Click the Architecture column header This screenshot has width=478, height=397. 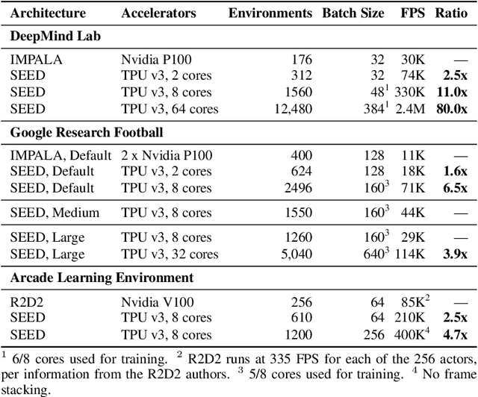point(47,13)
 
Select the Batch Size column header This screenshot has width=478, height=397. point(353,13)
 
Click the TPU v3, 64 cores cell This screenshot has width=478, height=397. point(170,109)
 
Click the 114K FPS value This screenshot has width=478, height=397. point(416,254)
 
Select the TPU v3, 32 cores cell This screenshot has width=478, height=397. point(170,254)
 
